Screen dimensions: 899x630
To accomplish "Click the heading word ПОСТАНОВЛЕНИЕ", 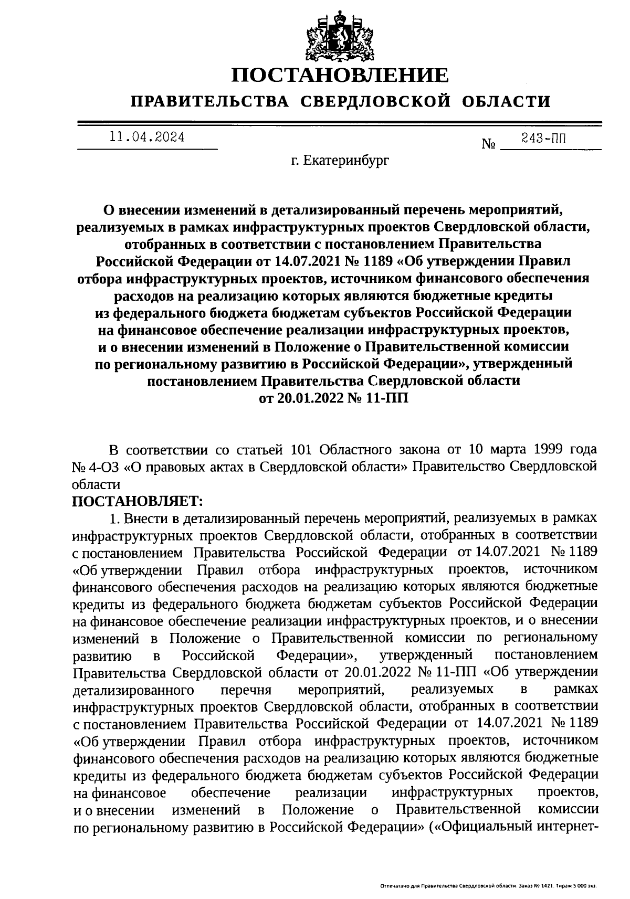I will pos(341,76).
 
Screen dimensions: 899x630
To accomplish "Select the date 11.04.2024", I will pos(146,138).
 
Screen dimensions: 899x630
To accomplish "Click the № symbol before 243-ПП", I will pos(488,144).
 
